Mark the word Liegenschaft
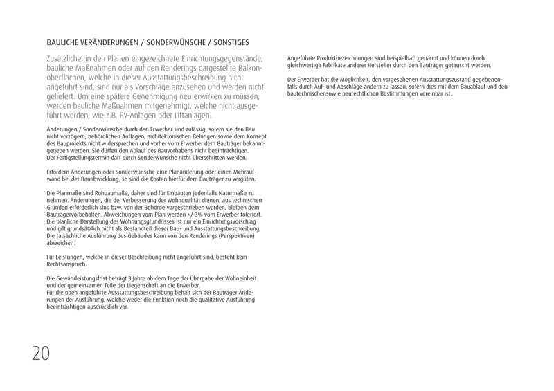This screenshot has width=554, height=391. pyautogui.click(x=127, y=284)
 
